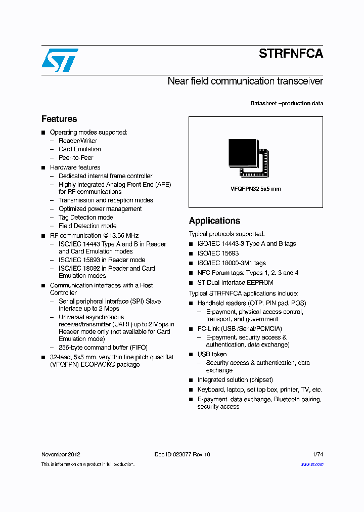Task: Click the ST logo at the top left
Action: click(x=60, y=60)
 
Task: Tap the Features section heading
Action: click(x=59, y=119)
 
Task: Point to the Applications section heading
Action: click(x=214, y=221)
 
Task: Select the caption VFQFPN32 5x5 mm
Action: click(x=256, y=189)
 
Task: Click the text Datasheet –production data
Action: click(x=287, y=104)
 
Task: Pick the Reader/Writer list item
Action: click(x=78, y=141)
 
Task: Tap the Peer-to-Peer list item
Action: click(x=76, y=158)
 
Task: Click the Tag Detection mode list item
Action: click(x=86, y=218)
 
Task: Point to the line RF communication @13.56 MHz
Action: click(x=94, y=236)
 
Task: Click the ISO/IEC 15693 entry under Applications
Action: click(x=218, y=253)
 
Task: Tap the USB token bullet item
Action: click(x=212, y=354)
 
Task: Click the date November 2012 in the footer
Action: click(x=61, y=454)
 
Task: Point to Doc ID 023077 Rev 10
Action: click(x=182, y=454)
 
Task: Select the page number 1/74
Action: click(x=317, y=454)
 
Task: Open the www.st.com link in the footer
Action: click(x=312, y=464)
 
